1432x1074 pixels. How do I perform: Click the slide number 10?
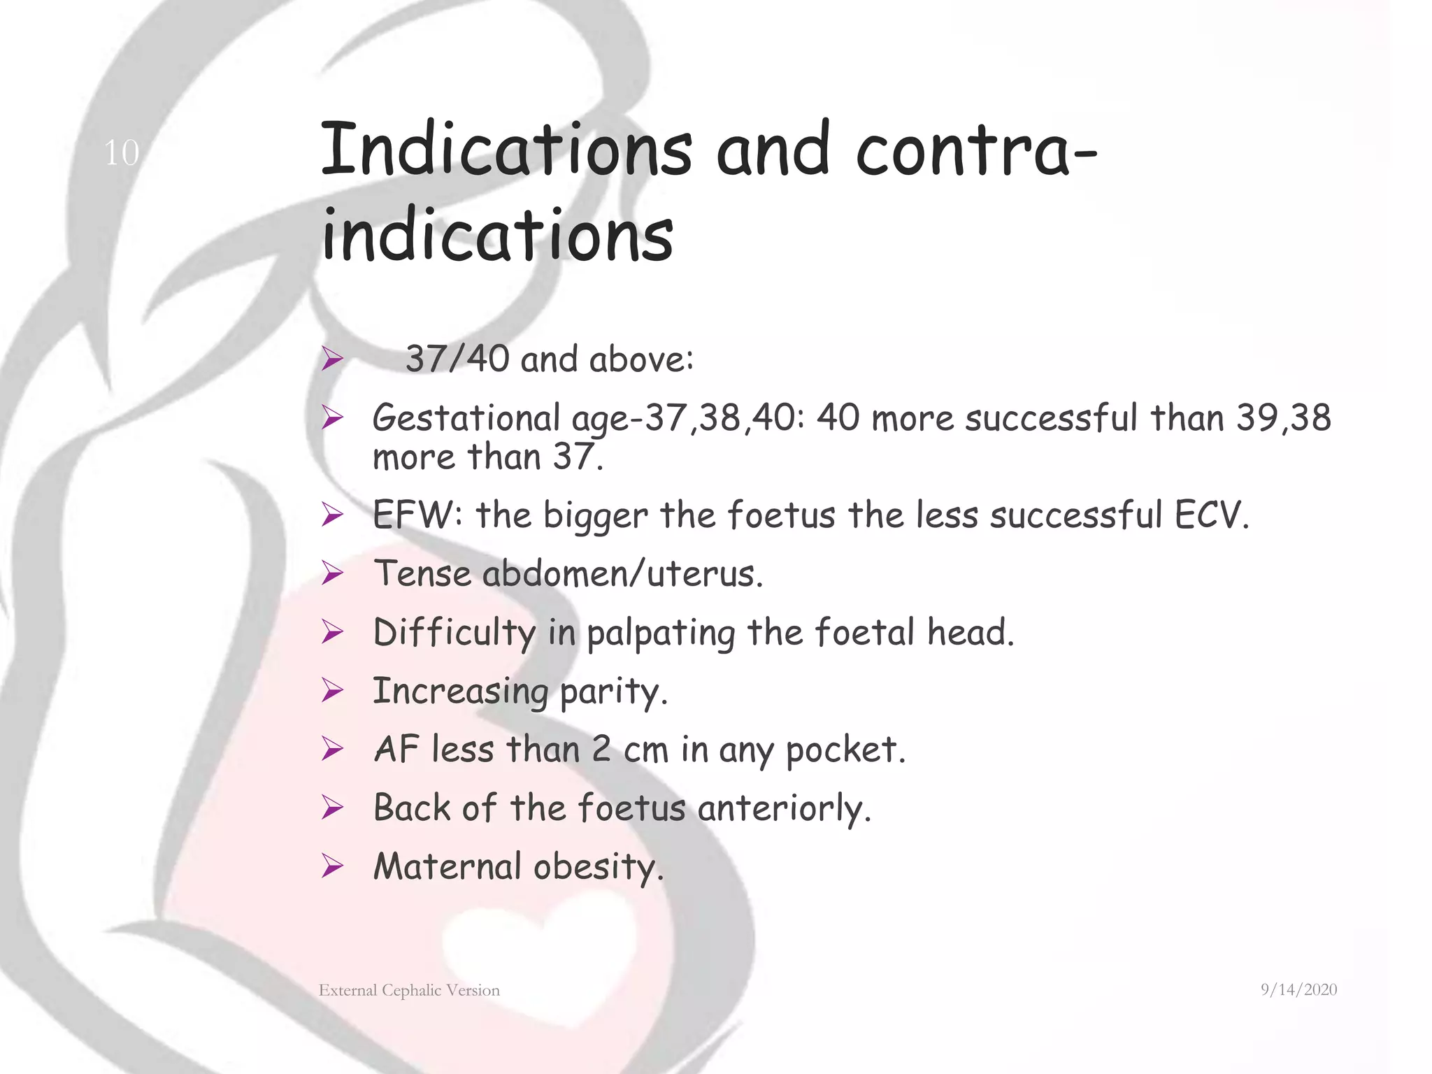point(122,152)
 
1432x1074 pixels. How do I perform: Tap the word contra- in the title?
point(976,149)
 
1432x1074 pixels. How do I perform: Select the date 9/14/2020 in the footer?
point(1298,989)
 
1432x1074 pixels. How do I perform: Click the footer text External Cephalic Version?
point(409,990)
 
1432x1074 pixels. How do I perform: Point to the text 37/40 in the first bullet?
point(457,359)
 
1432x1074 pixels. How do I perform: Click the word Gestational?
point(466,418)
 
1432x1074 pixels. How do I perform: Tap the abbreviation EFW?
point(414,515)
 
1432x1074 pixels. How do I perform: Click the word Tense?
point(422,573)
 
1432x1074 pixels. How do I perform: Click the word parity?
point(613,692)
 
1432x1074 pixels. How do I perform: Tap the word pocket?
point(844,750)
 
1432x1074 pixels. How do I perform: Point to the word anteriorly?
point(783,808)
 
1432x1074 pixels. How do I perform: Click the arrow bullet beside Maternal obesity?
point(332,867)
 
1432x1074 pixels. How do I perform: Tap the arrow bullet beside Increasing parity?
point(332,691)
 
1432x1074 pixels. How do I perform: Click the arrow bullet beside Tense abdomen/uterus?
point(332,574)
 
